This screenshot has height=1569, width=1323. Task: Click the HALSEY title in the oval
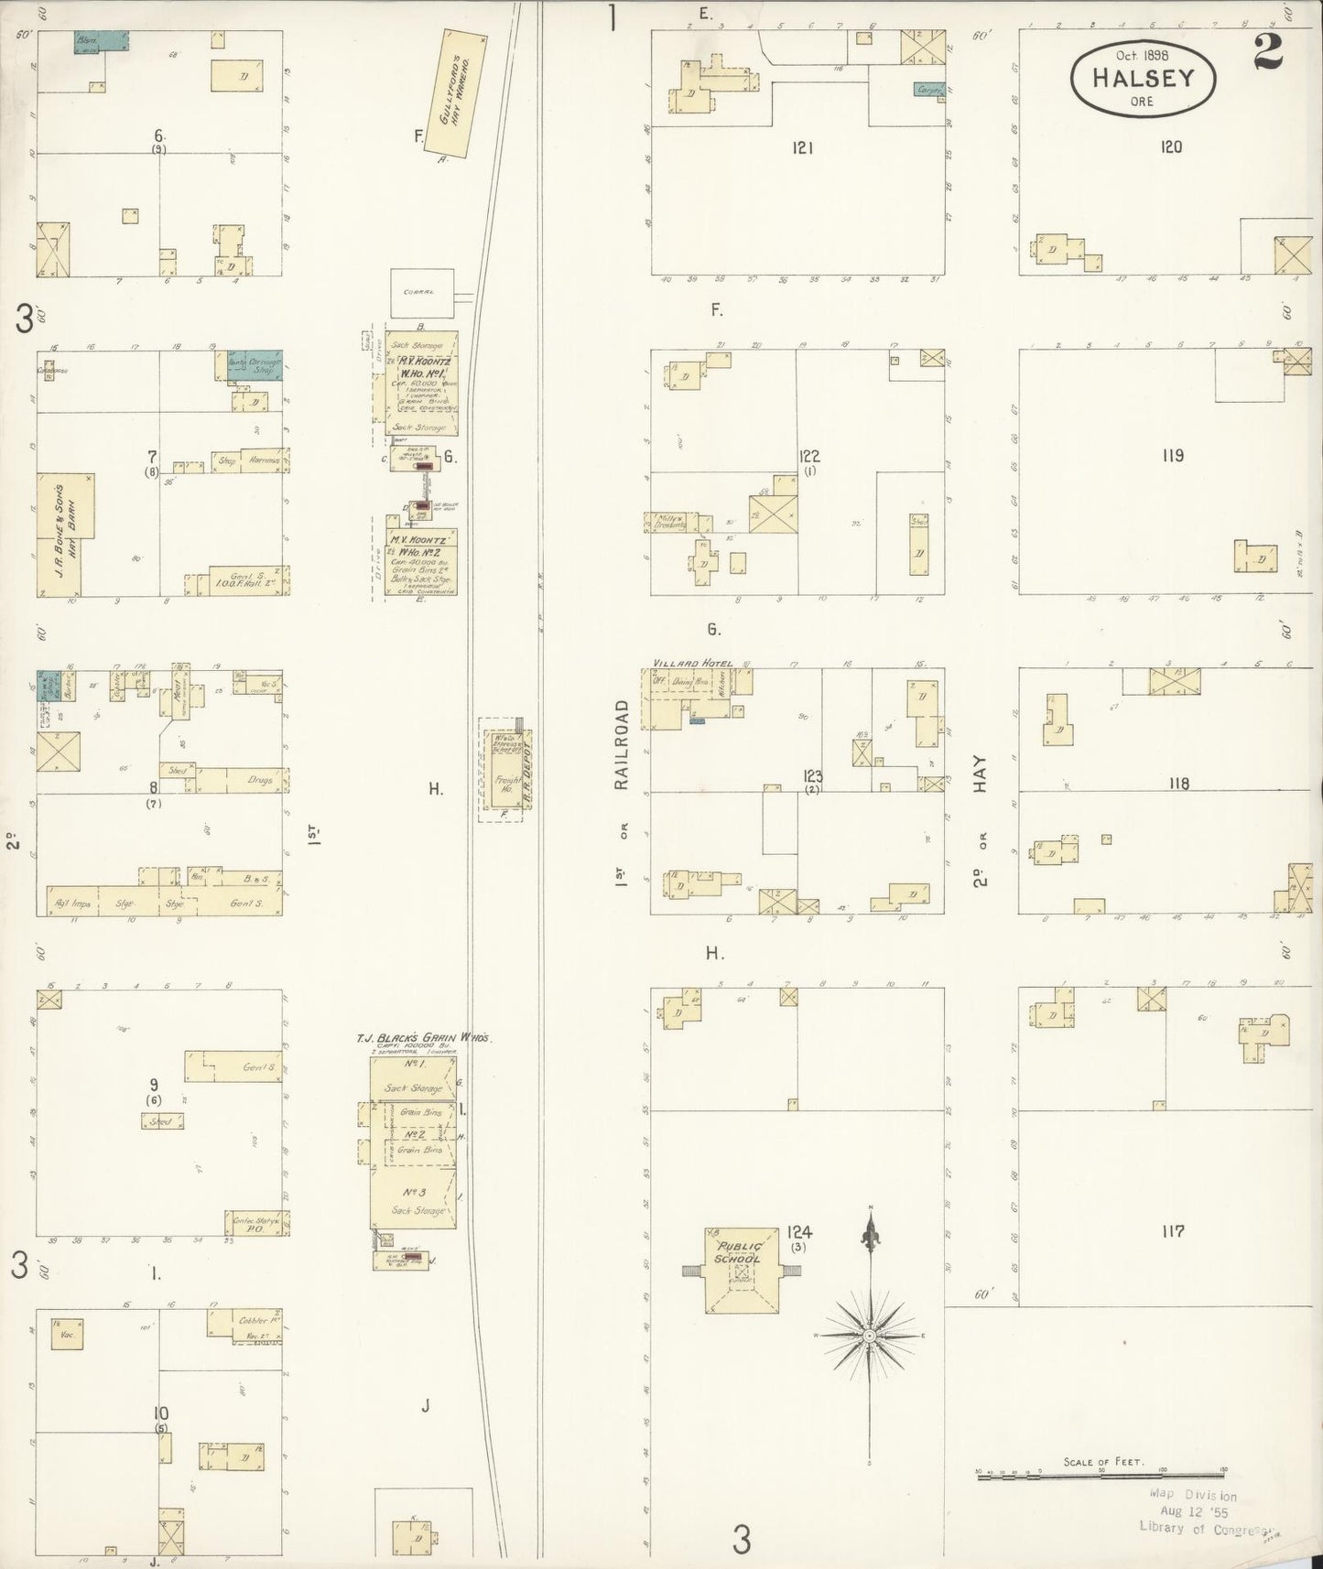[1143, 77]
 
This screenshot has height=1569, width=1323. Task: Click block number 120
[1171, 146]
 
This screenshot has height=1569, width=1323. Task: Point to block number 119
[1172, 455]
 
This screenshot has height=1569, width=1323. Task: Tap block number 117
[1172, 1231]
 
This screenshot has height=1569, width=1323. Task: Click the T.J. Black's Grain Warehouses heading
[424, 1038]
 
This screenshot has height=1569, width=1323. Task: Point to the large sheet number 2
[1268, 52]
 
